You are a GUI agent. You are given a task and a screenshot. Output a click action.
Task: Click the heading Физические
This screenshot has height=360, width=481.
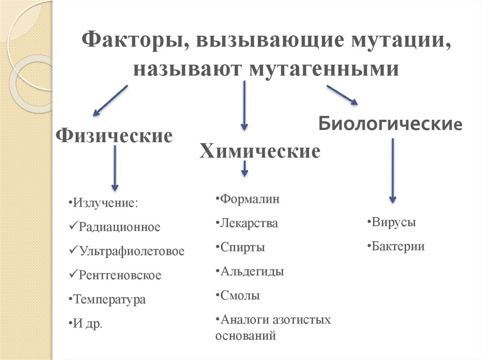point(114,136)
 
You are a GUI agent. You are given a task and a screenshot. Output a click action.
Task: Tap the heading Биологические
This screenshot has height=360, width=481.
point(390,124)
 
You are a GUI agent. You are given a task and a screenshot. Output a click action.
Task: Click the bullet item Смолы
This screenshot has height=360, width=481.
point(240,296)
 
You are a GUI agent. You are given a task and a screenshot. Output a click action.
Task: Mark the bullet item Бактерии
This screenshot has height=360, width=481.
point(398,246)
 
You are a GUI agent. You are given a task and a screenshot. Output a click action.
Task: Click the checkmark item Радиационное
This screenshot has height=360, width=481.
point(119,227)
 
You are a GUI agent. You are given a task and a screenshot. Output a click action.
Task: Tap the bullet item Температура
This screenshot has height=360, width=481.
point(109,299)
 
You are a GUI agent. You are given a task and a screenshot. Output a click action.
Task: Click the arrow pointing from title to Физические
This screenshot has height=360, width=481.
point(110,100)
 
